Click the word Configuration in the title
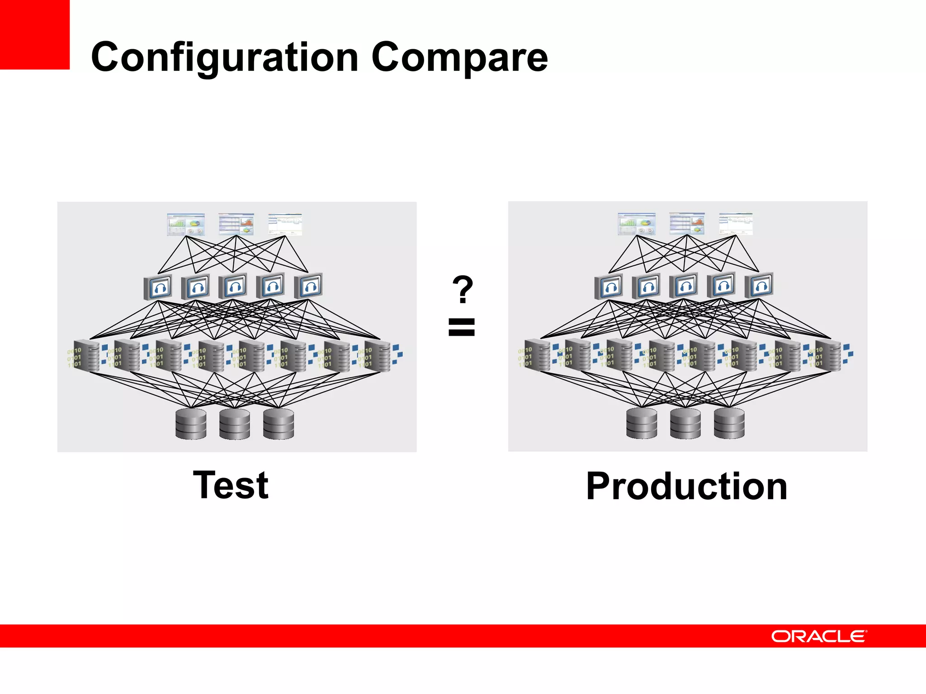[x=225, y=57]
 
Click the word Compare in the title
[x=459, y=57]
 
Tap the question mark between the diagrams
[x=463, y=289]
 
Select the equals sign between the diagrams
[x=462, y=327]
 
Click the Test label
[x=231, y=485]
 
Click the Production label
[x=687, y=486]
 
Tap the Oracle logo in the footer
[x=818, y=636]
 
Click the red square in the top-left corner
[x=34, y=34]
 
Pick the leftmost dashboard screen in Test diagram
[x=186, y=225]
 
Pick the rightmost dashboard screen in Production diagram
[x=736, y=224]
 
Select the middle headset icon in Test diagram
[x=233, y=286]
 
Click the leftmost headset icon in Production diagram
[x=609, y=286]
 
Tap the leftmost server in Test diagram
[x=87, y=356]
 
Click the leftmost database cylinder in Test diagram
[x=191, y=424]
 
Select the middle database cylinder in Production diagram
[x=685, y=423]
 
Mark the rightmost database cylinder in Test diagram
[x=279, y=424]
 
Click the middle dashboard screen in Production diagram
[x=687, y=224]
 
